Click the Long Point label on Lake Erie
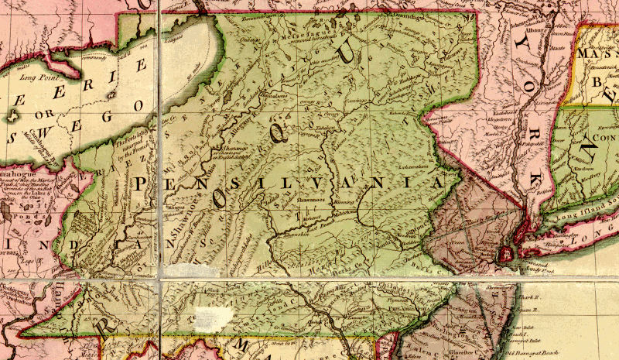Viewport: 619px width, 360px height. (x=37, y=76)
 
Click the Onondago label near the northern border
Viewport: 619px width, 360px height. (x=405, y=15)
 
